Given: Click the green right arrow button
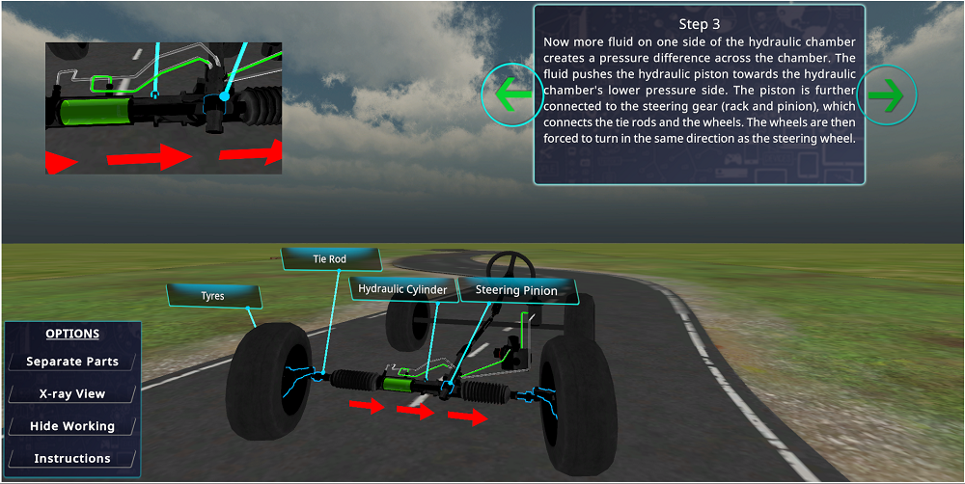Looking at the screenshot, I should (x=885, y=95).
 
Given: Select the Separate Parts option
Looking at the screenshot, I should (x=72, y=362).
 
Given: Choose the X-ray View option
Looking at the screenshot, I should (x=72, y=393).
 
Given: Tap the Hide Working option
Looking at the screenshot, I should (x=72, y=426).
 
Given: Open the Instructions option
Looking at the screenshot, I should (x=72, y=458).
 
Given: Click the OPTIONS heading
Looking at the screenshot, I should (x=72, y=334).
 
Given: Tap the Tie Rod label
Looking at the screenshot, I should (x=329, y=259).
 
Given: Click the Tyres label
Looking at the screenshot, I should (x=212, y=296).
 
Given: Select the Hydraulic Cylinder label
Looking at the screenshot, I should (x=402, y=289).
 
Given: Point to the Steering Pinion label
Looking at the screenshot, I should (x=516, y=290).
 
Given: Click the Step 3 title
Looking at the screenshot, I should (x=700, y=23).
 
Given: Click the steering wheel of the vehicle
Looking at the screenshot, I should (x=509, y=266).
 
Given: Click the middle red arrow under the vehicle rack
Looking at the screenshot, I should (x=415, y=412).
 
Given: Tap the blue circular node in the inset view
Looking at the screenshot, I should (x=224, y=96).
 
